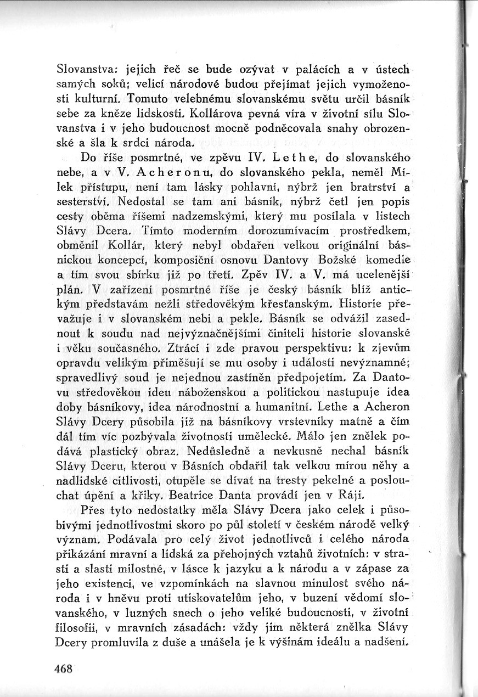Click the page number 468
click(64, 668)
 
